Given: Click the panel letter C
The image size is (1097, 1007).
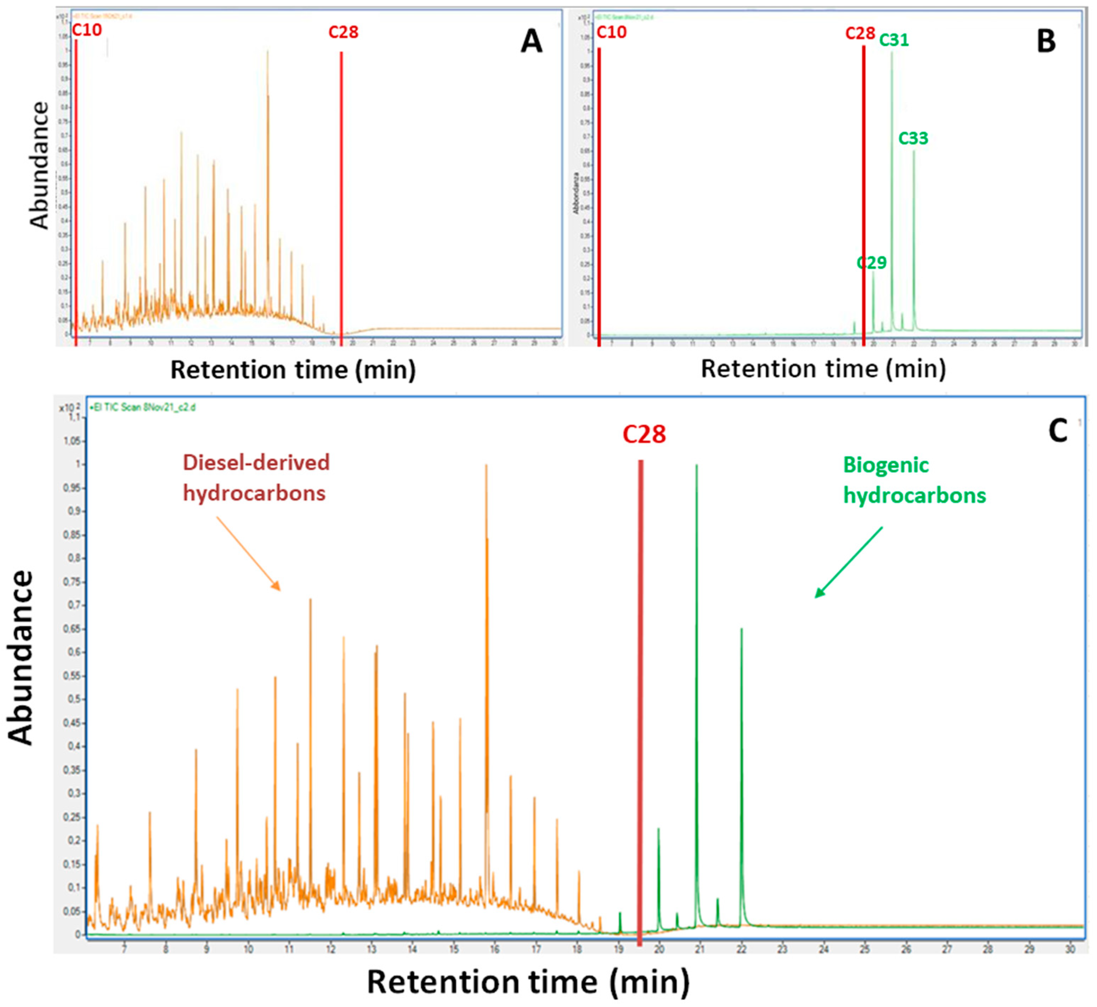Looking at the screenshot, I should [1057, 432].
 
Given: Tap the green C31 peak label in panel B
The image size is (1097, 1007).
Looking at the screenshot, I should [894, 40].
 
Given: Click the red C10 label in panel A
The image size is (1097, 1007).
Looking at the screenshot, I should [87, 30].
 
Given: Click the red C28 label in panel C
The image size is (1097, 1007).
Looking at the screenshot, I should [644, 434].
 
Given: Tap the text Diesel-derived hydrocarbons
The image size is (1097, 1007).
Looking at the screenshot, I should [256, 477].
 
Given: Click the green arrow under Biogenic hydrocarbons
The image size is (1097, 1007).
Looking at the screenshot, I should [848, 562].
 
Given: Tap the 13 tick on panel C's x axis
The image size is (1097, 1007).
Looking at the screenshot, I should [371, 964].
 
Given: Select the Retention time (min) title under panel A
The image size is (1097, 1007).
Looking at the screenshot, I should [293, 370].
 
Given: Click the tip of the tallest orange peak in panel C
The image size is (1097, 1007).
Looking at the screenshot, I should [486, 465].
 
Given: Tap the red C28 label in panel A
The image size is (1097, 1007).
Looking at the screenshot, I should [343, 32].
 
